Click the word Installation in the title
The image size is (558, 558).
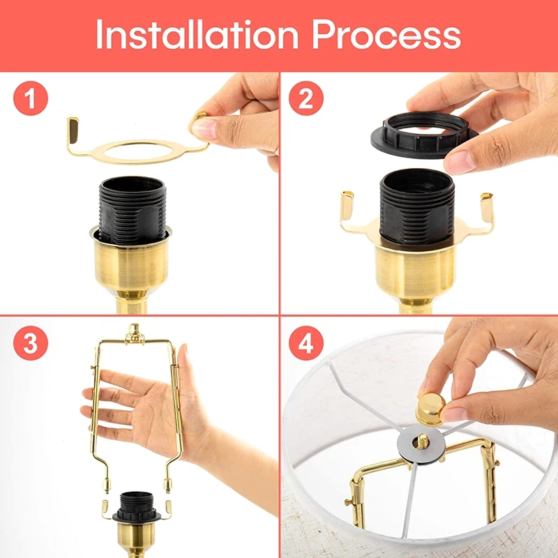[x=197, y=34]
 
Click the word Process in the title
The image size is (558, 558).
[x=386, y=35]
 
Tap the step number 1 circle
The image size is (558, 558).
[x=31, y=98]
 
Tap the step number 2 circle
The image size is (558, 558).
[x=306, y=98]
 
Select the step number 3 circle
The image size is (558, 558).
[x=31, y=343]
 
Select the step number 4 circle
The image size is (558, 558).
[x=306, y=343]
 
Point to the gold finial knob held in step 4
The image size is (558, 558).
[x=431, y=409]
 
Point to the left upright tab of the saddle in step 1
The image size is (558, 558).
[x=73, y=130]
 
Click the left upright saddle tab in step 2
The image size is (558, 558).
[x=347, y=206]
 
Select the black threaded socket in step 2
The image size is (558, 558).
[x=417, y=206]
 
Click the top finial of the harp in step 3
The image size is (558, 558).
[x=134, y=333]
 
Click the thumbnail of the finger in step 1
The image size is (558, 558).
[x=204, y=128]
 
